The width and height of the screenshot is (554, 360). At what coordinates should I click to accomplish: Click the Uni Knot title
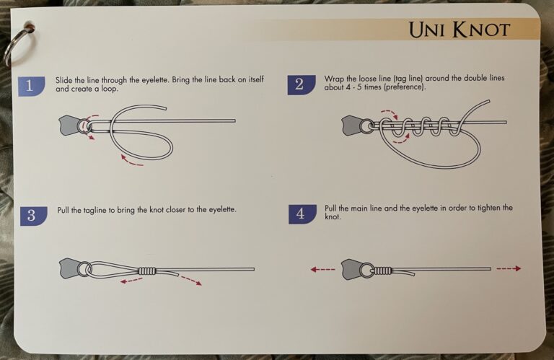tap(459, 30)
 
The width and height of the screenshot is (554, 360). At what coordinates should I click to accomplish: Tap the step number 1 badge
tap(30, 86)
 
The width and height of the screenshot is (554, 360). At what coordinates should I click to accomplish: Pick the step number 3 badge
tap(31, 215)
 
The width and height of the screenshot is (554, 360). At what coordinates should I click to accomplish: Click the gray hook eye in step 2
tap(353, 126)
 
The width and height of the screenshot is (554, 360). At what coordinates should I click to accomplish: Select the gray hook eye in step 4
tap(353, 268)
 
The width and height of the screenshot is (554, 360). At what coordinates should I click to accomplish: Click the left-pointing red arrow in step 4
tap(323, 269)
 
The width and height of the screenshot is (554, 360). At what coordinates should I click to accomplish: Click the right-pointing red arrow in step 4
tap(508, 268)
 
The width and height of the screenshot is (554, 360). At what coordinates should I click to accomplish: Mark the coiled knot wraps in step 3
tap(147, 271)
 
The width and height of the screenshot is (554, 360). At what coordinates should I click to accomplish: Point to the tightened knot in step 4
tap(382, 270)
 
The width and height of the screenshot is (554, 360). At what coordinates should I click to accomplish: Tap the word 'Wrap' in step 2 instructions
tap(334, 79)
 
